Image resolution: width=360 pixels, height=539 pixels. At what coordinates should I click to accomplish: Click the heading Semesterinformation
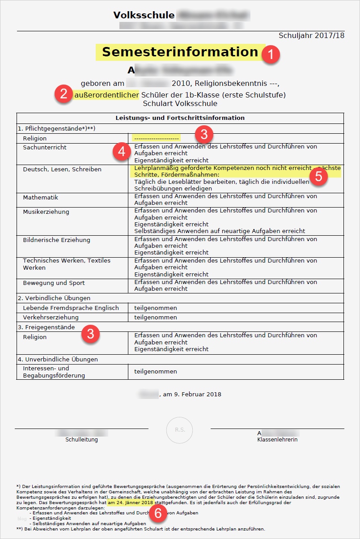180,52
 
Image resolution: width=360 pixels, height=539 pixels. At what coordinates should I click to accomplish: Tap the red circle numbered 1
271,55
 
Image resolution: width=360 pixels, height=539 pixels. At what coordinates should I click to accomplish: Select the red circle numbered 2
64,95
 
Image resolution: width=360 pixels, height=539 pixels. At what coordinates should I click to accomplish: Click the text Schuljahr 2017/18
311,35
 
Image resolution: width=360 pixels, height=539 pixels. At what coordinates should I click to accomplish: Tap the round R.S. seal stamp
180,429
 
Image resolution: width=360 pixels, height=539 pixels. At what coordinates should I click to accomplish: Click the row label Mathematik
41,197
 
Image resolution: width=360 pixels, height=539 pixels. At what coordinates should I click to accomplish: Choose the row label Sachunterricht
45,147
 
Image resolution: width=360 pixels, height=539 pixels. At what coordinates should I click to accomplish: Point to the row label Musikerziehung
46,212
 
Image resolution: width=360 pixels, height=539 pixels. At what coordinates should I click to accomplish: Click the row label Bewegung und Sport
54,283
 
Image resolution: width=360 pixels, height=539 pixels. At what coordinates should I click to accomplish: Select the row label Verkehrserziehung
51,317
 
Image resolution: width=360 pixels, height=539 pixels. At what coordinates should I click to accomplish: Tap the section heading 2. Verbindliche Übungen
54,298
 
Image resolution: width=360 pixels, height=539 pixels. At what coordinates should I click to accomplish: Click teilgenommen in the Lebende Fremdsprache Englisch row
156,308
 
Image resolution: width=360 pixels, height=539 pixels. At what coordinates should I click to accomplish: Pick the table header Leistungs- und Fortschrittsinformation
180,118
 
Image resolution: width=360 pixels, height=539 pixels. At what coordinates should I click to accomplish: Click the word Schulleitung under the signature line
81,439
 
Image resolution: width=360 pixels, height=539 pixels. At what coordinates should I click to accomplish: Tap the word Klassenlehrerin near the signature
277,439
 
